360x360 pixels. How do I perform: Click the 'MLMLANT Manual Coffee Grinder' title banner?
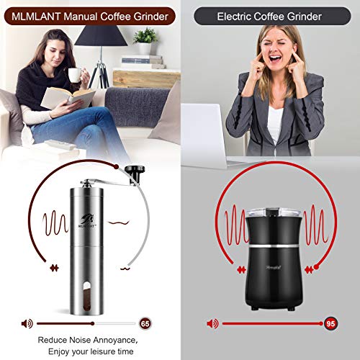(90, 14)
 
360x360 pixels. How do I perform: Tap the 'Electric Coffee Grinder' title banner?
(269, 14)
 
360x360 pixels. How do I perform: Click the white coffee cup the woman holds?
(73, 75)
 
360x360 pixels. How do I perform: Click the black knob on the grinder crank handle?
(134, 171)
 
